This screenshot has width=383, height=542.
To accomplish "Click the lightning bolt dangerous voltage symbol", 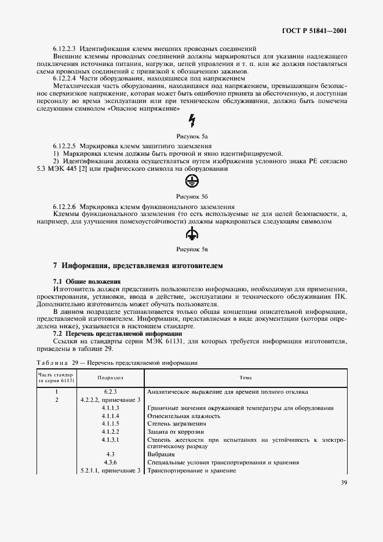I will [x=192, y=120].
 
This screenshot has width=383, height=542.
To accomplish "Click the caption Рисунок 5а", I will [x=192, y=134].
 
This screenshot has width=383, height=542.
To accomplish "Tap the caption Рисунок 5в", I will [x=192, y=248].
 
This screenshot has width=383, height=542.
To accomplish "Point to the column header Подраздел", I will [x=111, y=377].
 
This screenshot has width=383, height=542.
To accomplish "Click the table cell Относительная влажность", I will [x=184, y=416].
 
